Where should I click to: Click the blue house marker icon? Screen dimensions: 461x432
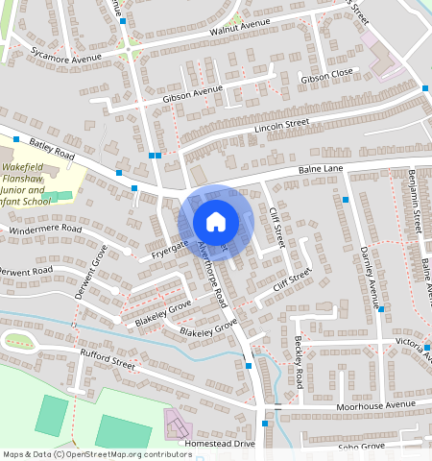click(x=216, y=223)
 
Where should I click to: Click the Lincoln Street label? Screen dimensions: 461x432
click(x=281, y=124)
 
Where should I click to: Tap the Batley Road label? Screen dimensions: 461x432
click(x=51, y=149)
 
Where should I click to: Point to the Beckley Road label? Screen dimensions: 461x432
click(x=299, y=357)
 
